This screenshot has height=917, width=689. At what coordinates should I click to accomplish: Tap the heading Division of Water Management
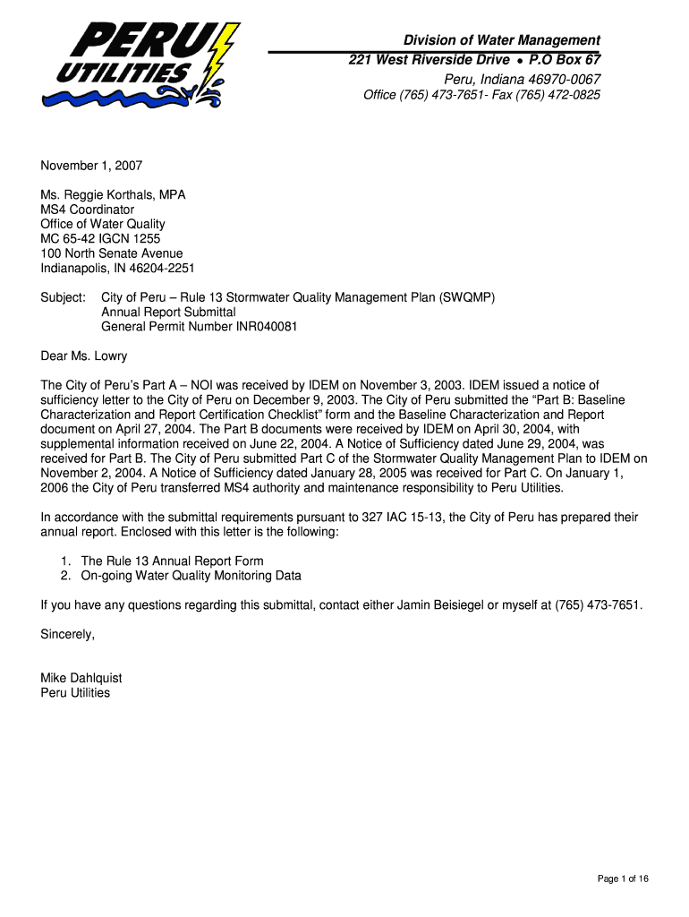click(x=501, y=40)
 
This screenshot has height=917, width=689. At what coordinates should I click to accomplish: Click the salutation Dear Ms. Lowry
click(x=84, y=356)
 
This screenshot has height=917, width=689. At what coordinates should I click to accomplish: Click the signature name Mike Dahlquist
click(x=81, y=678)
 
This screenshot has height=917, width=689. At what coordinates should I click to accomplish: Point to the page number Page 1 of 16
click(x=623, y=878)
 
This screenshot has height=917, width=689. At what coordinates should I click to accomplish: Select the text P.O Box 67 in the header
click(x=565, y=59)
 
